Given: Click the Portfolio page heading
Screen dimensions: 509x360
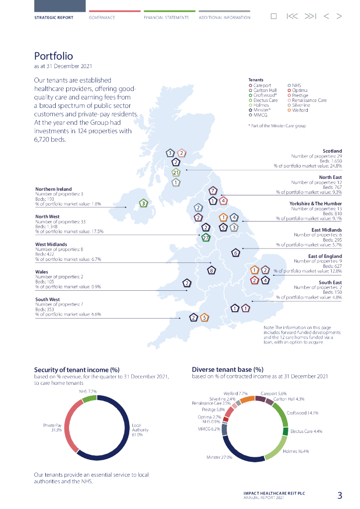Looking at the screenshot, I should pyautogui.click(x=53, y=56).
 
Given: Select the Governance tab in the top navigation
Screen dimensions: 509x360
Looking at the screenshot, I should pyautogui.click(x=102, y=17).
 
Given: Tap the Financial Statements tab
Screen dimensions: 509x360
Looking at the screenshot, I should pyautogui.click(x=166, y=17).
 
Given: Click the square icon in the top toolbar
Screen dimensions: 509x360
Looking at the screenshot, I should pyautogui.click(x=273, y=16).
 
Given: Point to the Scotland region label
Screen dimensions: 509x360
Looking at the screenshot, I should pyautogui.click(x=332, y=151).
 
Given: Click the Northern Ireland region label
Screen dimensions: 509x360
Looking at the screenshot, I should pyautogui.click(x=53, y=189).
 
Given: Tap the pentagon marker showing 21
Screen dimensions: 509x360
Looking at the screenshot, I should pyautogui.click(x=176, y=172).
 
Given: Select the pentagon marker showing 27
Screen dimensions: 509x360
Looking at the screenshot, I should pyautogui.click(x=206, y=238).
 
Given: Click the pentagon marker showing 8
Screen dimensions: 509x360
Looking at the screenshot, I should pyautogui.click(x=212, y=270).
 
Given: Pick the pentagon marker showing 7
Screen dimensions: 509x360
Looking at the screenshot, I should pyautogui.click(x=212, y=190).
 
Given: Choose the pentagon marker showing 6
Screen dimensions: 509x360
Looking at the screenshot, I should pyautogui.click(x=236, y=253).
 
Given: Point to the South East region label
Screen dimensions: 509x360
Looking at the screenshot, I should pyautogui.click(x=330, y=282).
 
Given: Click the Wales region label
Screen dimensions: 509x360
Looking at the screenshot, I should pyautogui.click(x=42, y=272).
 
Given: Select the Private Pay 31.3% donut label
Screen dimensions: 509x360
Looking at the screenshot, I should pyautogui.click(x=52, y=428).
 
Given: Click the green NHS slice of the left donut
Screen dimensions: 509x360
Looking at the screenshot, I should pyautogui.click(x=89, y=398).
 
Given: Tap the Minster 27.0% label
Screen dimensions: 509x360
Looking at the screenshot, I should pyautogui.click(x=219, y=457).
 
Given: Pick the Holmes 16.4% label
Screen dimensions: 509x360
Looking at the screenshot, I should pyautogui.click(x=295, y=451).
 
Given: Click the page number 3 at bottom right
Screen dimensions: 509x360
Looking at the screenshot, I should pyautogui.click(x=340, y=495).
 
